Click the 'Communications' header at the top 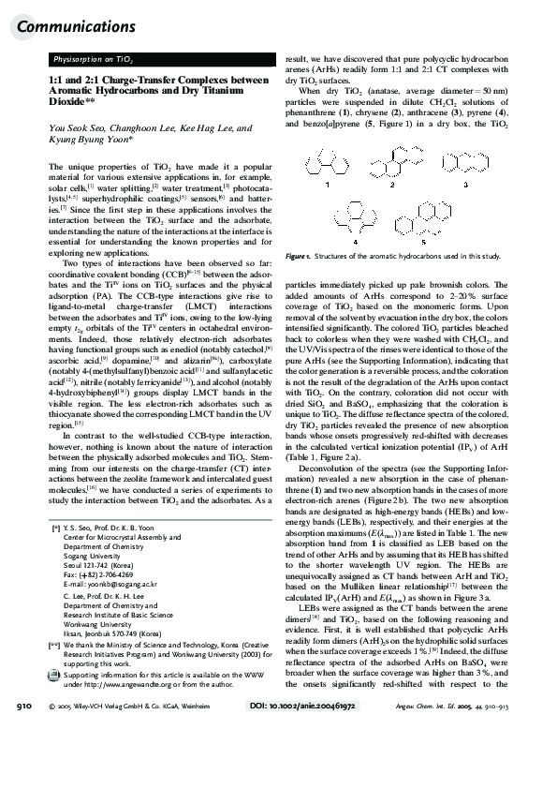63,25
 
